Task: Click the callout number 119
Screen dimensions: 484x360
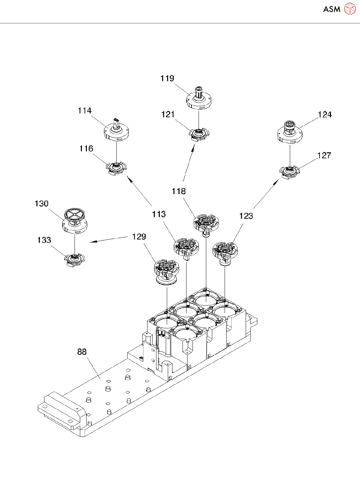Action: click(x=167, y=78)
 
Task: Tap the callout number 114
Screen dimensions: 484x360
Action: click(x=85, y=111)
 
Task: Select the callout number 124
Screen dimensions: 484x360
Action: click(x=325, y=115)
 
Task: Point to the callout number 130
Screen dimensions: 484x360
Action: click(x=41, y=204)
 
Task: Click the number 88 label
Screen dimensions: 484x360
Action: click(x=82, y=352)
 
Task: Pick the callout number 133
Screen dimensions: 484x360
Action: click(x=44, y=240)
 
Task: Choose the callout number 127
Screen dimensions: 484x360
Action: click(x=324, y=155)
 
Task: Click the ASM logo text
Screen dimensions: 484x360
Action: click(x=332, y=9)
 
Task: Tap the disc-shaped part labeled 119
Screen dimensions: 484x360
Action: click(x=199, y=100)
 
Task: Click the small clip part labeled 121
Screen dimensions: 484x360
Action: click(x=199, y=134)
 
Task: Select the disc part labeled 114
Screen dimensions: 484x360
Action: click(x=116, y=131)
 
